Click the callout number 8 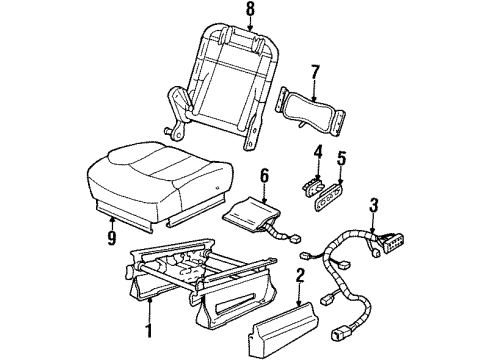(250, 13)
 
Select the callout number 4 (318, 153)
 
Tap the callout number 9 (112, 240)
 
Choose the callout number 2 (300, 274)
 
